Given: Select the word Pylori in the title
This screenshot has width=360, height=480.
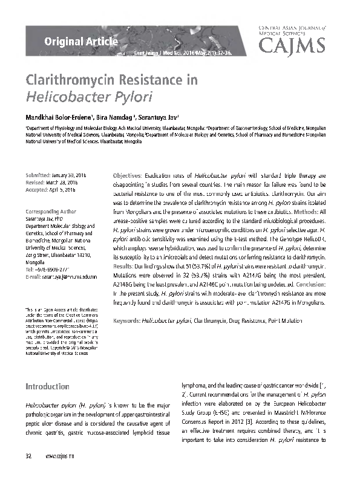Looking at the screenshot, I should pos(130,96).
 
